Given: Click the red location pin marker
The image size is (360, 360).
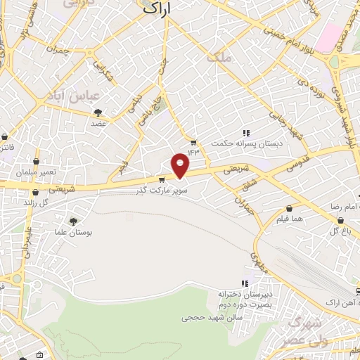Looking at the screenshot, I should [x=181, y=165].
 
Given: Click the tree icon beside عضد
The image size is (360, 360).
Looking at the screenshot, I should [x=98, y=112].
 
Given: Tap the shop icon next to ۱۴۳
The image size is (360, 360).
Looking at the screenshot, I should [x=193, y=141].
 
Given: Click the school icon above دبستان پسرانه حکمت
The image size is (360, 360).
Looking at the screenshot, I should [x=246, y=133].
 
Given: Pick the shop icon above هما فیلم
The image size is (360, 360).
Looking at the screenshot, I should [x=290, y=208].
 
